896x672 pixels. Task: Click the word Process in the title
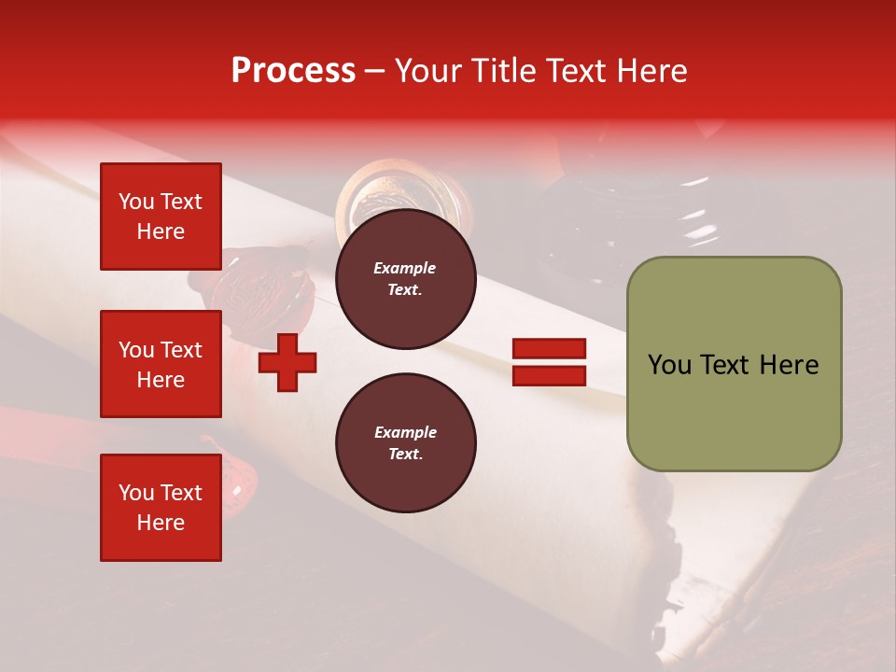293,71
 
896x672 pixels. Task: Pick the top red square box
161,217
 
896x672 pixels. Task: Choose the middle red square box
161,364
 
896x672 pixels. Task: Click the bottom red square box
161,508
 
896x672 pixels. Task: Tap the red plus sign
287,362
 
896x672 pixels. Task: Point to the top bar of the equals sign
549,349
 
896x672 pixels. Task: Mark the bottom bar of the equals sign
549,375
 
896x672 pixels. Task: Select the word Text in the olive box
731,365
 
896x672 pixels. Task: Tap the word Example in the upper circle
405,268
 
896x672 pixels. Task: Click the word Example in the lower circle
405,432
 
